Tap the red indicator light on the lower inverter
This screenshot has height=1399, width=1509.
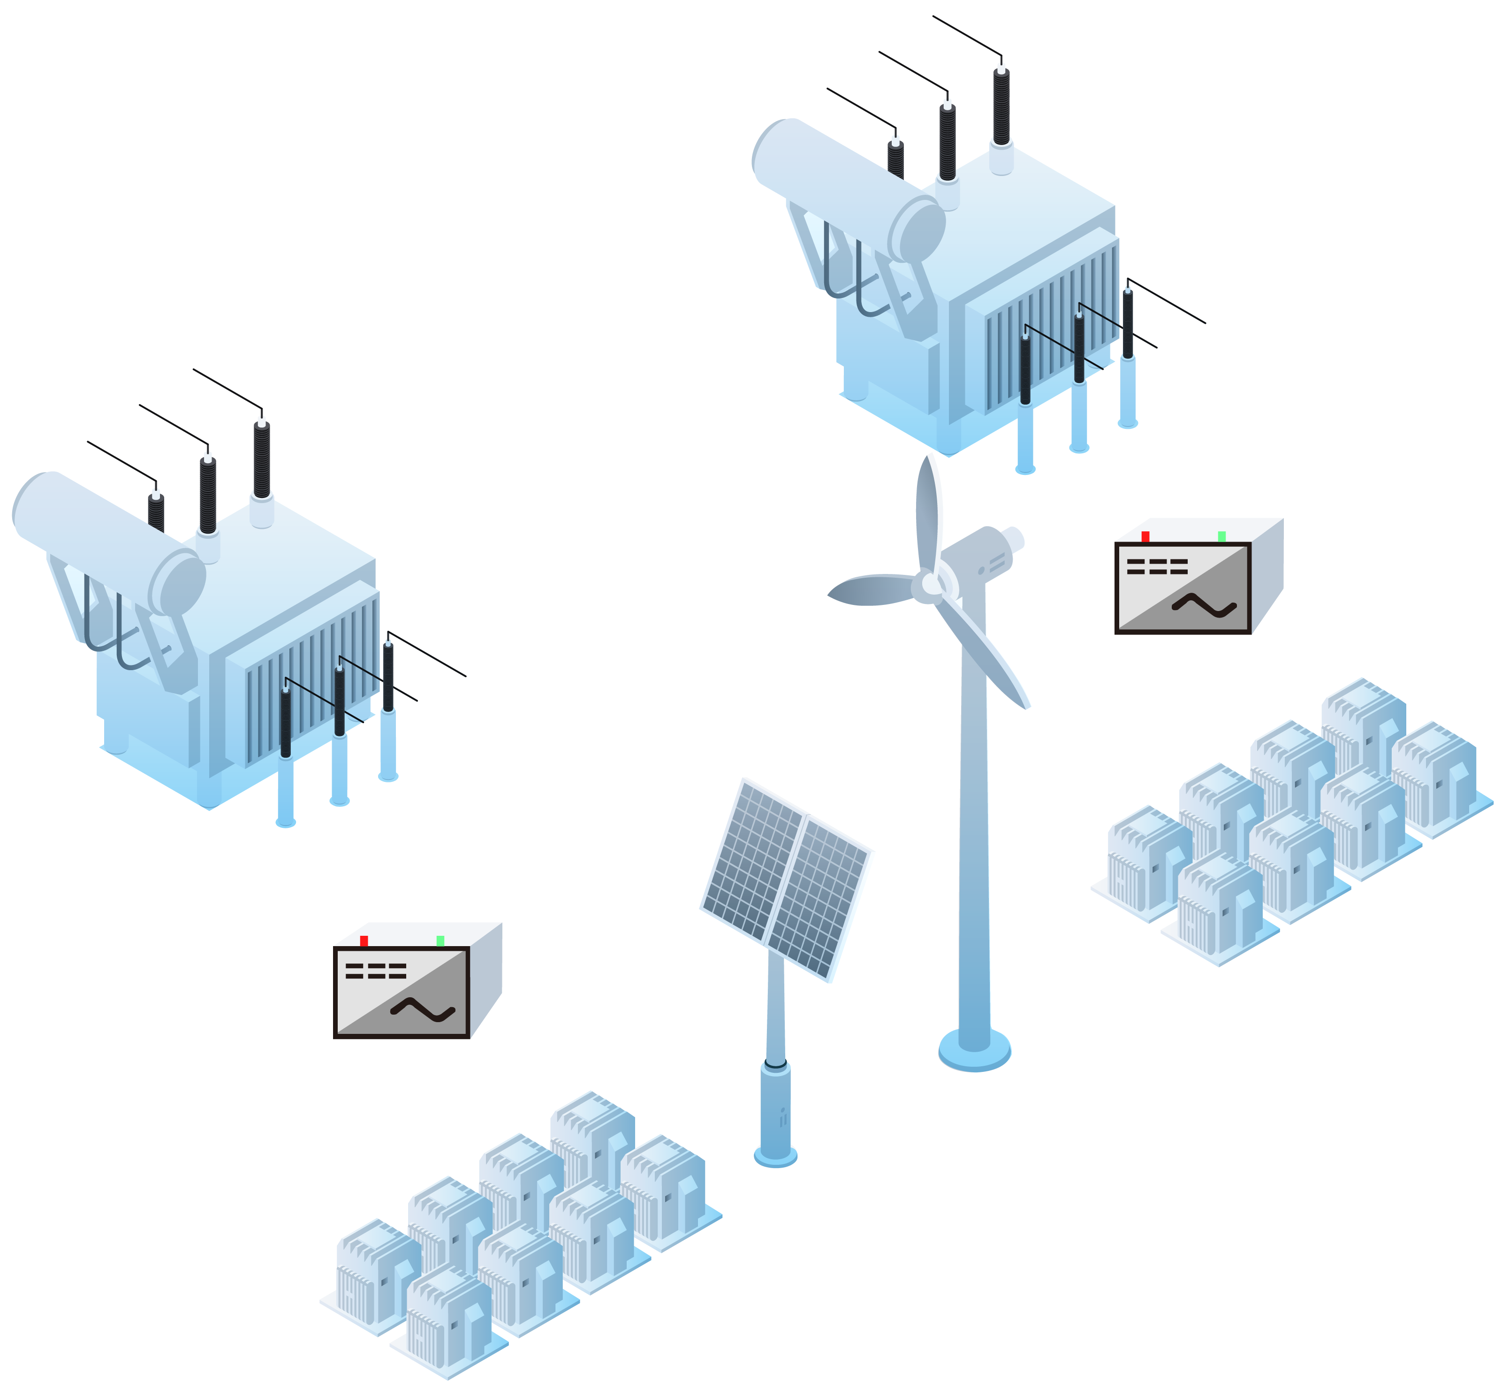pyautogui.click(x=364, y=941)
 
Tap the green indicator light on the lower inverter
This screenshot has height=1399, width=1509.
pyautogui.click(x=440, y=941)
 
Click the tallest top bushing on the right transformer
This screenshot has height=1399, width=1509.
pyautogui.click(x=1002, y=106)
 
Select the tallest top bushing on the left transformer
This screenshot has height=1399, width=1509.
pyautogui.click(x=262, y=458)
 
